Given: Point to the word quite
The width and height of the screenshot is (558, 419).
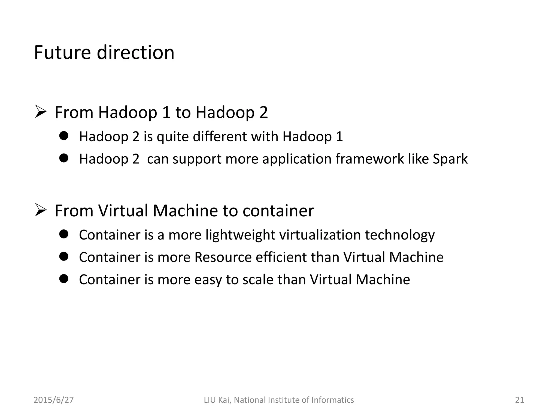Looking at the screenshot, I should (173, 137).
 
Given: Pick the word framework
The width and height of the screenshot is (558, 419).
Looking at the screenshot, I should (369, 159).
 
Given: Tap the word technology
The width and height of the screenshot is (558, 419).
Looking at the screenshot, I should (400, 235).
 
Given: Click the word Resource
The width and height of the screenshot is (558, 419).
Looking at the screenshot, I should (223, 257).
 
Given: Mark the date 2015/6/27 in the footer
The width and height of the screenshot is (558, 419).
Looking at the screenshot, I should (54, 400).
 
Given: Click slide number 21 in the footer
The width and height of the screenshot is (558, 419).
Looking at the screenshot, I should (520, 400).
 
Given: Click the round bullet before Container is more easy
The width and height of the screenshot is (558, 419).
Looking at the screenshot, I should (63, 279).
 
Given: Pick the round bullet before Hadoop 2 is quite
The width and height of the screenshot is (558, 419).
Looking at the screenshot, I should (63, 136).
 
